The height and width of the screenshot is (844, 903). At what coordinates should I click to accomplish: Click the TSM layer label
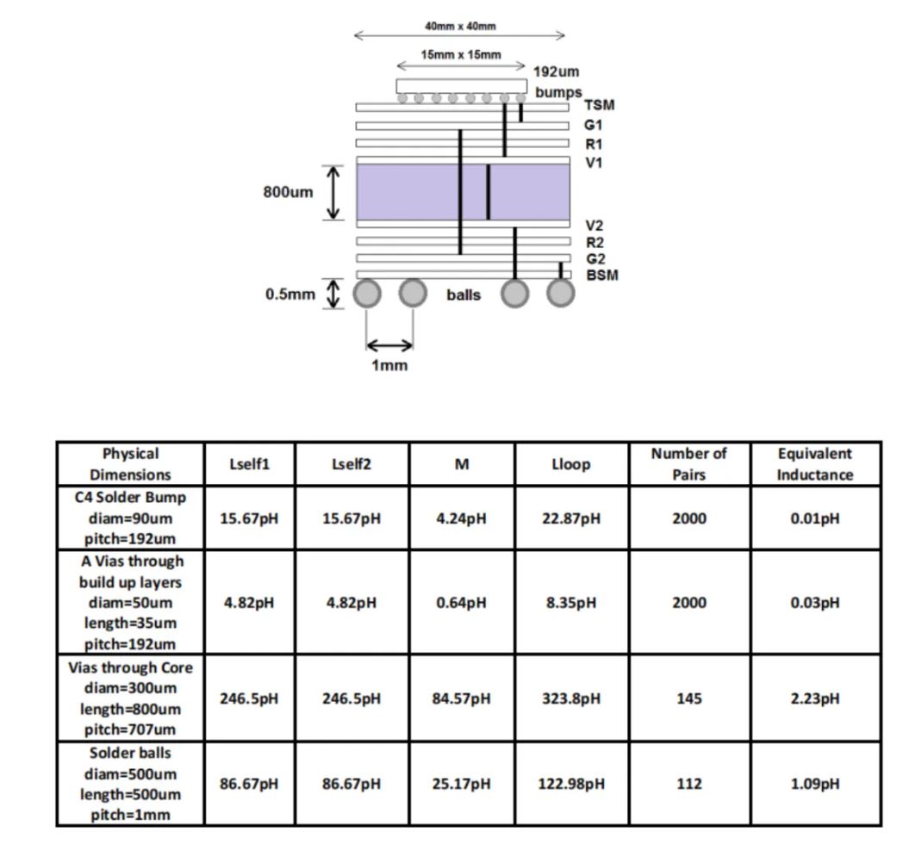coord(599,105)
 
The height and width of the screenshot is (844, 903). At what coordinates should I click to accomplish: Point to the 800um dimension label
coord(288,192)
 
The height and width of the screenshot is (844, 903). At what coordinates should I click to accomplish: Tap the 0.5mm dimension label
coord(290,295)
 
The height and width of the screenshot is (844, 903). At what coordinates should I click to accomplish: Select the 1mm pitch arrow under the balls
coord(389,345)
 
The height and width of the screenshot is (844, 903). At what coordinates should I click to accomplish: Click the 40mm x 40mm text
coord(460,26)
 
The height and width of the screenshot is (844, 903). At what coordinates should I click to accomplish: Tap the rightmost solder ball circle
coord(561,294)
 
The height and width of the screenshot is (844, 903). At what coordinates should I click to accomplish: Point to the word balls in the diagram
coord(464,295)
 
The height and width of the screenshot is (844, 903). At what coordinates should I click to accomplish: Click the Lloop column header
coord(570,464)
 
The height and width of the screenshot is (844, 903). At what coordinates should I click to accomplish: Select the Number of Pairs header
coord(688,463)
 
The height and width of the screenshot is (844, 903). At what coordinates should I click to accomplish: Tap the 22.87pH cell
coord(570,518)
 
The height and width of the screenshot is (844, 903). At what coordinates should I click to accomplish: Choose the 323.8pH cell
coord(570,698)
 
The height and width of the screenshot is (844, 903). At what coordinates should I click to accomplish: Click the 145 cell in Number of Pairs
coord(688,698)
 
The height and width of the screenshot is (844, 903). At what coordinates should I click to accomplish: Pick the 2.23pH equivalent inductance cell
coord(814,698)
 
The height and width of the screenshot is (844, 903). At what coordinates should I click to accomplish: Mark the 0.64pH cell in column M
coord(462,603)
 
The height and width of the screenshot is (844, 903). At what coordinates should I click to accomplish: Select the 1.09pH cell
coord(814,784)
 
